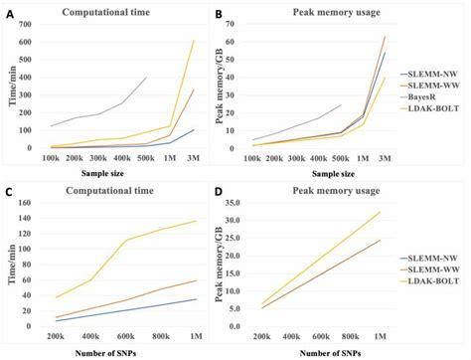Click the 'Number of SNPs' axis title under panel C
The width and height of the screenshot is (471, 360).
tap(120, 352)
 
